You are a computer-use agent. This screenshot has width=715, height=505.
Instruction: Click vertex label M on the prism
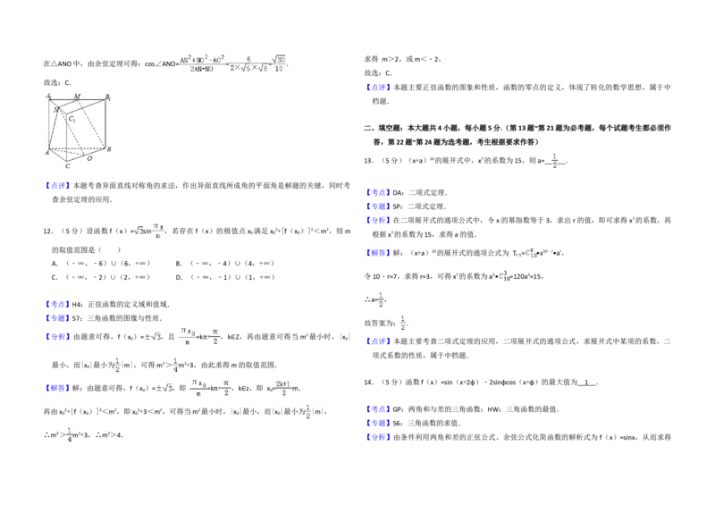(77, 96)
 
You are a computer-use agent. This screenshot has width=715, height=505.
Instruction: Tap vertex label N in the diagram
(56, 109)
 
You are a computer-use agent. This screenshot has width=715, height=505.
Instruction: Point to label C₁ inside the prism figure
(72, 118)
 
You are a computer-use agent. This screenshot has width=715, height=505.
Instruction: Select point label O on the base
(88, 158)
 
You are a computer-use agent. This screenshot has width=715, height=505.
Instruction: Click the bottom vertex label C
(67, 166)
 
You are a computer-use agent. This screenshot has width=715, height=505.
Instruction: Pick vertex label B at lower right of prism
(109, 149)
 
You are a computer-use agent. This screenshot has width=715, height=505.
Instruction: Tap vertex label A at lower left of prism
(47, 153)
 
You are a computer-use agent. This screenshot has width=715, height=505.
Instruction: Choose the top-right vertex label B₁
(108, 96)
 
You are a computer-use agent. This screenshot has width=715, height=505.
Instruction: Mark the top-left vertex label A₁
(48, 96)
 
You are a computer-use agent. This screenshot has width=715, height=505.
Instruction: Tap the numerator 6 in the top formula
(248, 58)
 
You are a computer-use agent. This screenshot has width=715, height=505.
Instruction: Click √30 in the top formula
(280, 59)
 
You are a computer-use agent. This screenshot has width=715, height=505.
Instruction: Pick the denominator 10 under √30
(280, 69)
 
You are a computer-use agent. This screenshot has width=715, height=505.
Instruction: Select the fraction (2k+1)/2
(282, 389)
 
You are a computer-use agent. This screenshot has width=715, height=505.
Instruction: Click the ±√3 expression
(165, 387)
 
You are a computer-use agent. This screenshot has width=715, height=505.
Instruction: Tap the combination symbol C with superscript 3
(504, 275)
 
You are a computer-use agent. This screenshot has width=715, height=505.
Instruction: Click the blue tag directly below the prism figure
(57, 186)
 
